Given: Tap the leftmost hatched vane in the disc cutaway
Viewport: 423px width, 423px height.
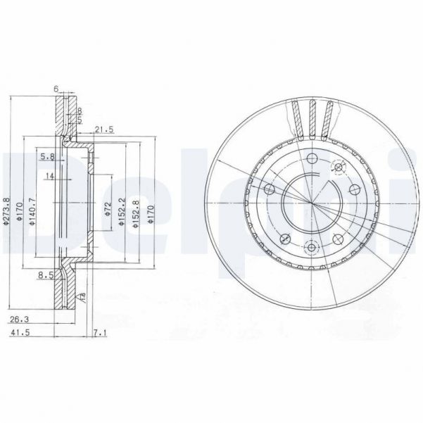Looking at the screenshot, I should point(296,118).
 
